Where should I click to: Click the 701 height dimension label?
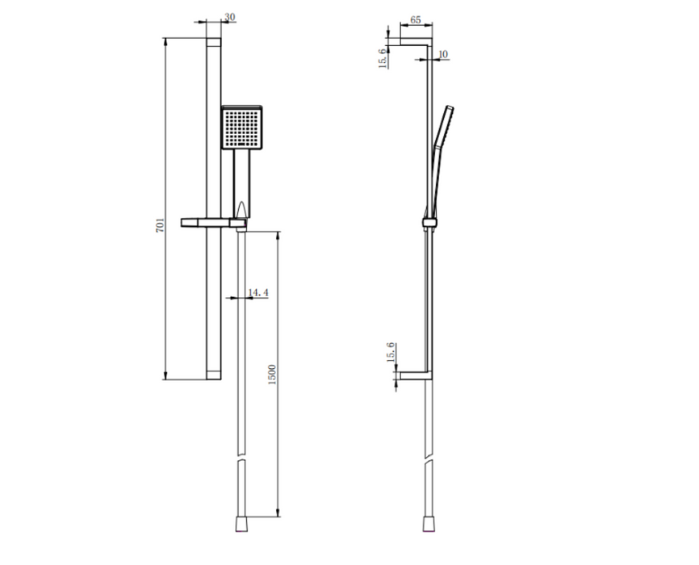pos(160,224)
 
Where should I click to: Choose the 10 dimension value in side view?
pos(443,55)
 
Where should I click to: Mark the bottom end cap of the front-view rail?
pos(213,375)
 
